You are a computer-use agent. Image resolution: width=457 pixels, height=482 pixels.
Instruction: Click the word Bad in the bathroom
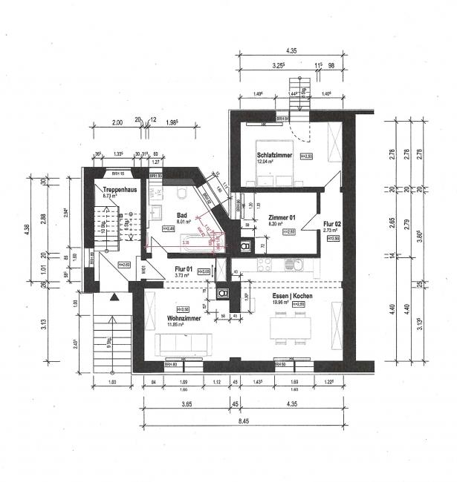181,216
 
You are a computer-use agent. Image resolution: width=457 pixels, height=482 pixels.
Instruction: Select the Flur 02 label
332,223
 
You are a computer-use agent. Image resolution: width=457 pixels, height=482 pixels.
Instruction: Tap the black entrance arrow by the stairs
114,297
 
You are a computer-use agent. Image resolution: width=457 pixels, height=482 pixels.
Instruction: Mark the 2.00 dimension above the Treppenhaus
117,123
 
